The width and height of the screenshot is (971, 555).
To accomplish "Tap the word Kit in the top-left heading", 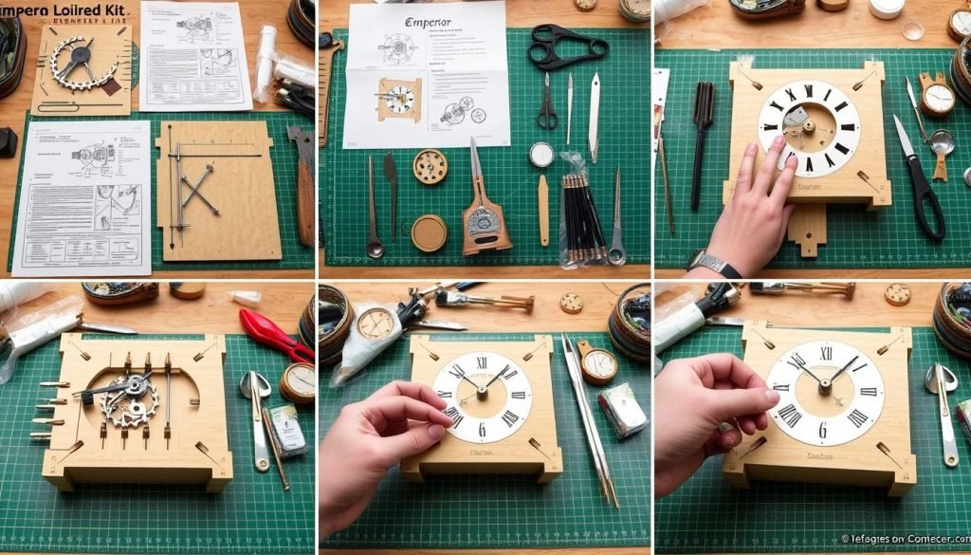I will [114, 8].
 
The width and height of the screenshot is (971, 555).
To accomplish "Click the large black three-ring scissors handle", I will [568, 46].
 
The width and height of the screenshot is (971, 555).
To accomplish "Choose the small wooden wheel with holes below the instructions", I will [430, 167].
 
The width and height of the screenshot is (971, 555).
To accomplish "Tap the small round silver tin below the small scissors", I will [540, 155].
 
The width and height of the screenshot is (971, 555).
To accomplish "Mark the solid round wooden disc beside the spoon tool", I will [429, 232].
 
